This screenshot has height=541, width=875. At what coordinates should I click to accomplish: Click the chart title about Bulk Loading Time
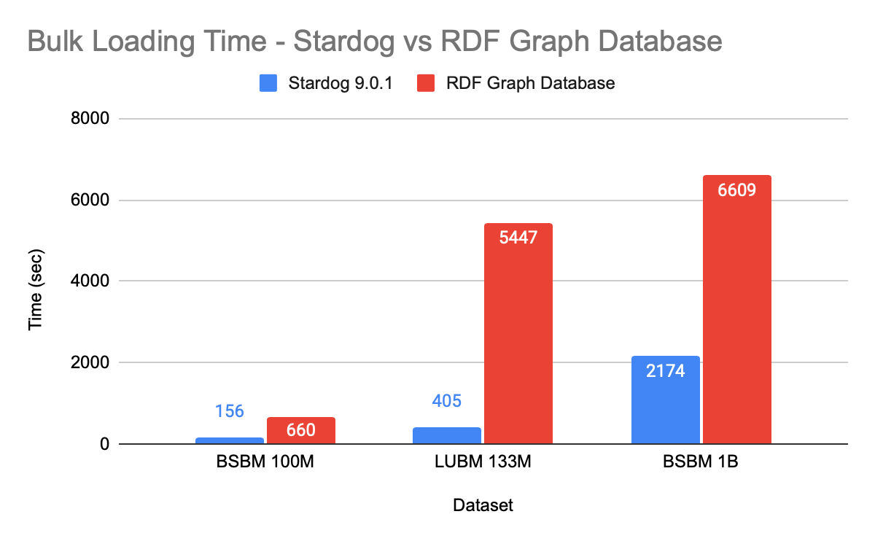click(x=375, y=41)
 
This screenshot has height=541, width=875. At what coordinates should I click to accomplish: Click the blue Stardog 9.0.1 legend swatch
click(x=268, y=83)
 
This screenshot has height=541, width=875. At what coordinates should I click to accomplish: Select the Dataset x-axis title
click(x=483, y=505)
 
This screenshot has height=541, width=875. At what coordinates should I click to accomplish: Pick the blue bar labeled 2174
click(x=666, y=400)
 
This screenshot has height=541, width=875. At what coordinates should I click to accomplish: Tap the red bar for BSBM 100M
click(x=300, y=431)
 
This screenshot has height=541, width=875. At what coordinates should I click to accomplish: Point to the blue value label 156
click(x=229, y=411)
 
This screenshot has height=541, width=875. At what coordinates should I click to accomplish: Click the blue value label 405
click(x=447, y=400)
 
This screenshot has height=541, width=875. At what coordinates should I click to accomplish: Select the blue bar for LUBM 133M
click(x=447, y=436)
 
